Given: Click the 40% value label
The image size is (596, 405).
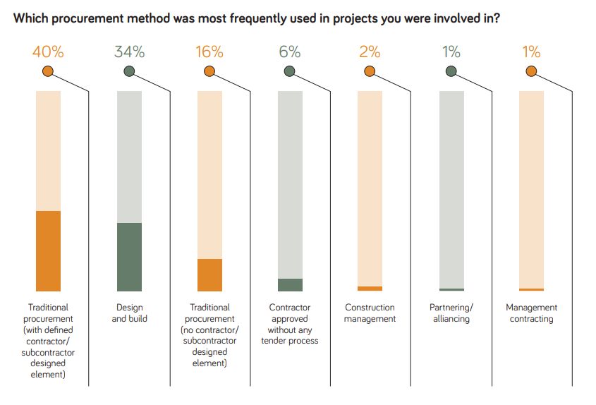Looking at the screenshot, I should coord(48,52).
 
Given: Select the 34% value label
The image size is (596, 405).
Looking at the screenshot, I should coord(129,52).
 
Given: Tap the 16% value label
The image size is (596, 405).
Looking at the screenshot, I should coord(209,52).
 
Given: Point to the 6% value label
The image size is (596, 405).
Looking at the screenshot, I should coord(289,52).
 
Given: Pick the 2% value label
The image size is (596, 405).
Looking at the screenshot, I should coord(370,52).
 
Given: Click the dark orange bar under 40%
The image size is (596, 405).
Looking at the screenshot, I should coord(48,250).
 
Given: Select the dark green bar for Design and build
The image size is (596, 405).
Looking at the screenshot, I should coord(129,257).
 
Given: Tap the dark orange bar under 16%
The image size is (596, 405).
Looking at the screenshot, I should coord(209,274).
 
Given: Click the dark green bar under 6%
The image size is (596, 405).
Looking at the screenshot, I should coord(290,284).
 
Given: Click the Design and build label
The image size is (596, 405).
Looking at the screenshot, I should coord(129,313).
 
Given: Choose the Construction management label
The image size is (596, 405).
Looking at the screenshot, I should coord(370,313).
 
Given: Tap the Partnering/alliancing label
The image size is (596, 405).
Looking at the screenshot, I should coord(451,313).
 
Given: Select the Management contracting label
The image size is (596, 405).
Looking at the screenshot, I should coord(531,313).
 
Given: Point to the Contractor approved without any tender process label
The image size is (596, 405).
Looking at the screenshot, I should coord(290,324).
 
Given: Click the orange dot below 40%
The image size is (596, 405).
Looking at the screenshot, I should coord(48,71).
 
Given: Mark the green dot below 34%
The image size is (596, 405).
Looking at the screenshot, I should coord(129,71).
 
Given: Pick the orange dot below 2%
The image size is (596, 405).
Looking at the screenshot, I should coord(370,71).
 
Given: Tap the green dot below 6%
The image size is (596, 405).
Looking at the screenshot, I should coord(289,71).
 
